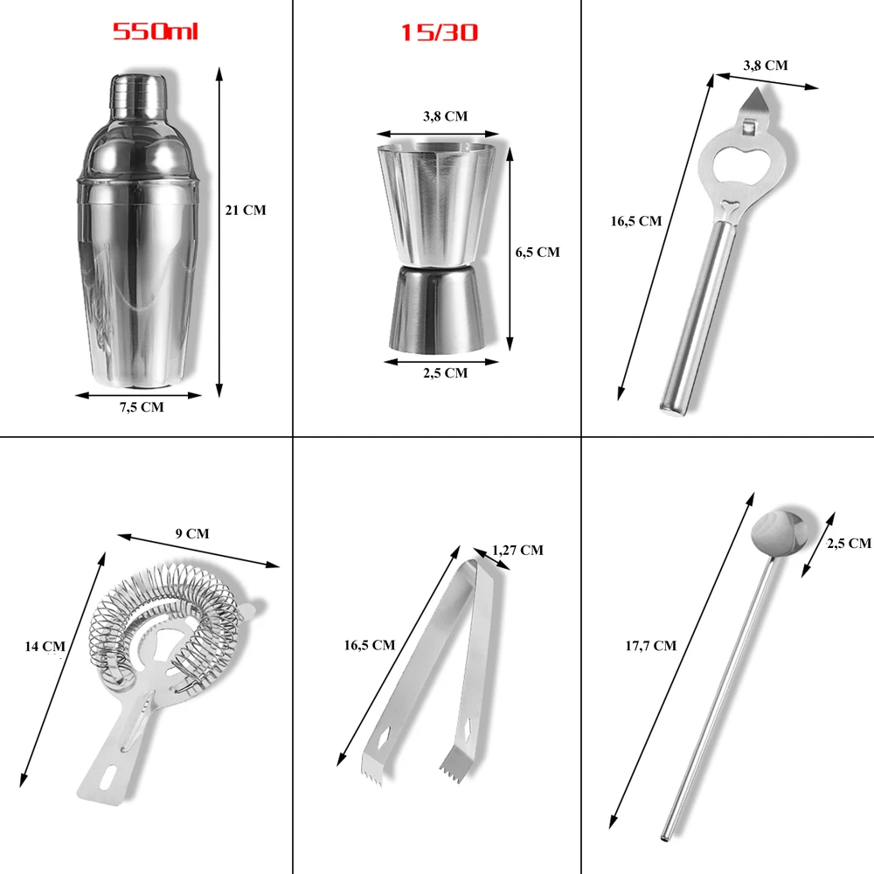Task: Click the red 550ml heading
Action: coord(156,31)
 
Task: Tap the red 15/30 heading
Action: coord(440,32)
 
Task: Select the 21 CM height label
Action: coord(246,210)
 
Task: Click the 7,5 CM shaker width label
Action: coord(142,407)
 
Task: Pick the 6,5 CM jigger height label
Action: coord(538,253)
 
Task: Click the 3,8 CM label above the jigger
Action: coord(445,116)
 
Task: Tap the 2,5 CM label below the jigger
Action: coord(445,373)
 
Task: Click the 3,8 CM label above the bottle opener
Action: coord(766,66)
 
